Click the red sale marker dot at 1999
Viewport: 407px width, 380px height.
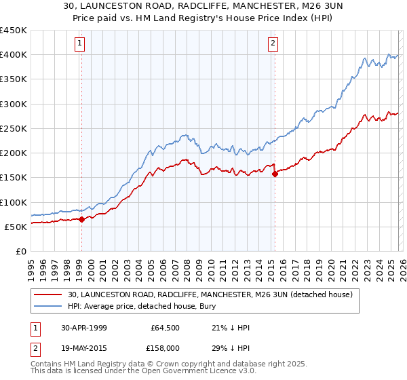[x=81, y=219]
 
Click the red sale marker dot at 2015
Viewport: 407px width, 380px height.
[x=275, y=174]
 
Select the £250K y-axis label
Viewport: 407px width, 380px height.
[x=14, y=128]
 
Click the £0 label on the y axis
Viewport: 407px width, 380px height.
[x=20, y=251]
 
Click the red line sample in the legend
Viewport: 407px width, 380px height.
[x=49, y=295]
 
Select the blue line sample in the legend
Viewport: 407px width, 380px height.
[x=49, y=307]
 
